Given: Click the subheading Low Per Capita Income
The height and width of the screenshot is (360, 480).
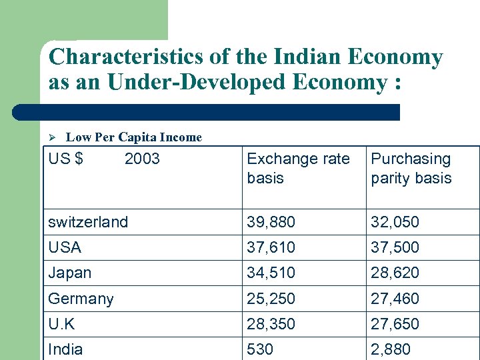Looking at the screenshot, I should [x=134, y=137].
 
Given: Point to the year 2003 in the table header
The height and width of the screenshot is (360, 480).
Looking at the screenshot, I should [x=142, y=159].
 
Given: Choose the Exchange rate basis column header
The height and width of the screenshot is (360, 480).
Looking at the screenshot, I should [x=298, y=169].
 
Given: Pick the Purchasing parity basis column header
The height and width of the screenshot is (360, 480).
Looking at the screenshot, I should [x=411, y=169].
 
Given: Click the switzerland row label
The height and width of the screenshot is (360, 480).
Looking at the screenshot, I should [x=88, y=222].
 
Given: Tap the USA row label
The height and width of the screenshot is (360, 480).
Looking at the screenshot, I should [x=65, y=247].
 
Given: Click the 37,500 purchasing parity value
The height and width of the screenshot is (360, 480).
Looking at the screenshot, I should [x=395, y=247].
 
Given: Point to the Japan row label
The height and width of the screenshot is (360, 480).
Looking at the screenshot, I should [x=70, y=273].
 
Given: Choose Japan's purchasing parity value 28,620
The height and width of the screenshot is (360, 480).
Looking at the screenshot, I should [x=395, y=273].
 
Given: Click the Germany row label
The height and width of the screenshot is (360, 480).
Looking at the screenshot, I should [x=81, y=298].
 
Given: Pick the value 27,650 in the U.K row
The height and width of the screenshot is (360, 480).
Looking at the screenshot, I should [x=395, y=324].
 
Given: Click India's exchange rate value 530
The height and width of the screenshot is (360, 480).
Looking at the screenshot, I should [x=261, y=349].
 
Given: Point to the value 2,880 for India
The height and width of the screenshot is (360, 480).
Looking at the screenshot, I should [x=391, y=349].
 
